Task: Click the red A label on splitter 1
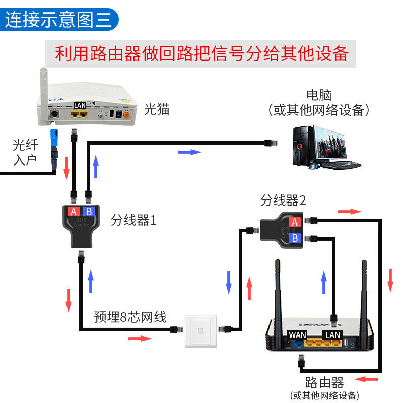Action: coord(74,211)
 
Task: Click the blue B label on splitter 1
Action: coord(89,211)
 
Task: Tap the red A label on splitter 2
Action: coord(295,222)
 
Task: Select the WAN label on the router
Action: coord(297,334)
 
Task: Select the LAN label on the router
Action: coord(332,334)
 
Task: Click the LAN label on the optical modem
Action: coord(80,105)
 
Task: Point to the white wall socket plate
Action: coord(201,331)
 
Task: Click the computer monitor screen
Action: coord(330,143)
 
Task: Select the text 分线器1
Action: coord(134,220)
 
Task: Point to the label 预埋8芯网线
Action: coord(130,317)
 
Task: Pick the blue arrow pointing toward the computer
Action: coord(190,152)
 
